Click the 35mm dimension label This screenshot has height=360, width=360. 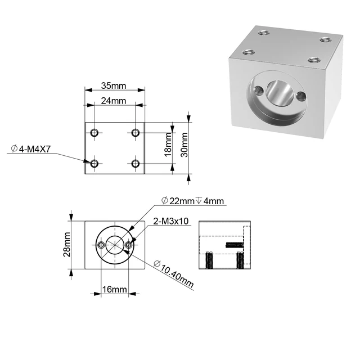pos(114,86)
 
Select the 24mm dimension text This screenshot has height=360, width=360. pos(114,101)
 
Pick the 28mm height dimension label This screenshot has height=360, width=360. pos(66,245)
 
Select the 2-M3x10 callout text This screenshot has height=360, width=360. pos(170,221)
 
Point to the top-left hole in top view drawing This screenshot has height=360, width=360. pos(94,133)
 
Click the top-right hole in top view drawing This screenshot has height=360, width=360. pos(135,133)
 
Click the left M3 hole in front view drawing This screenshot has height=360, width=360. pos(101,245)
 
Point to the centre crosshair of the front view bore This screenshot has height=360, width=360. pos(115,245)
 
